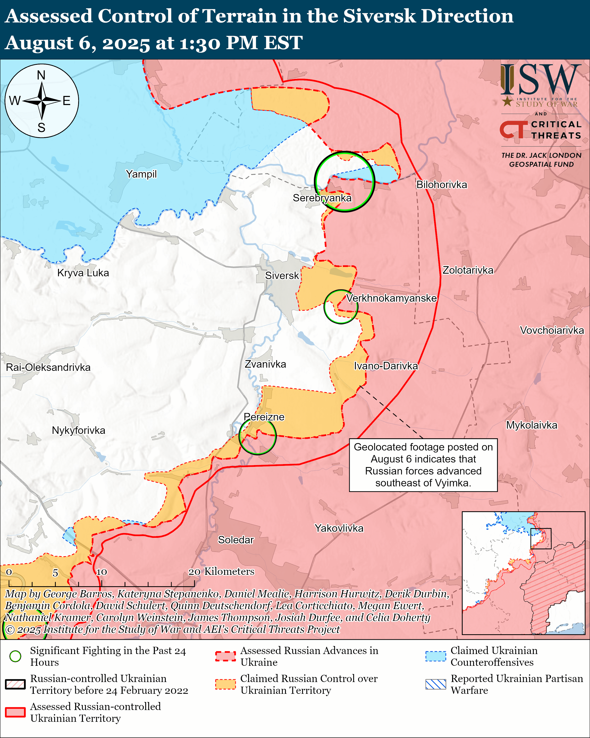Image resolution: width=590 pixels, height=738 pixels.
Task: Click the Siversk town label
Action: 282,276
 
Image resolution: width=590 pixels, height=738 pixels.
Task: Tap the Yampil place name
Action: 141,174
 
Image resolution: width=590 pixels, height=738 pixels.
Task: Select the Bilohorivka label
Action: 441,185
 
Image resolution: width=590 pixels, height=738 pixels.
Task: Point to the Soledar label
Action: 236,540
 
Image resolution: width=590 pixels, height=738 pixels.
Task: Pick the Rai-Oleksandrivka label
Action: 48,368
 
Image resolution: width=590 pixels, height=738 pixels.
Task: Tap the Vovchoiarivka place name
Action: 552,330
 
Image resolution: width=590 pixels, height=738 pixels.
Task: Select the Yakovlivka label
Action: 339,528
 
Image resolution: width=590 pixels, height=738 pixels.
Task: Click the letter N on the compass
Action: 41,75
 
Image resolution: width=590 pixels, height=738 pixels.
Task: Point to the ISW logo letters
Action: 540,80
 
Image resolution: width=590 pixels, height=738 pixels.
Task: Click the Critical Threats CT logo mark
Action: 513,129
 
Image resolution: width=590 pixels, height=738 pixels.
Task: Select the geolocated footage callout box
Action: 423,465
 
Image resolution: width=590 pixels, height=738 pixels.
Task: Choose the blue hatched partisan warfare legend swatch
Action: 435,684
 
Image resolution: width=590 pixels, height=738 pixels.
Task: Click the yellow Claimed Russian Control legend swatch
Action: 225,684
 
